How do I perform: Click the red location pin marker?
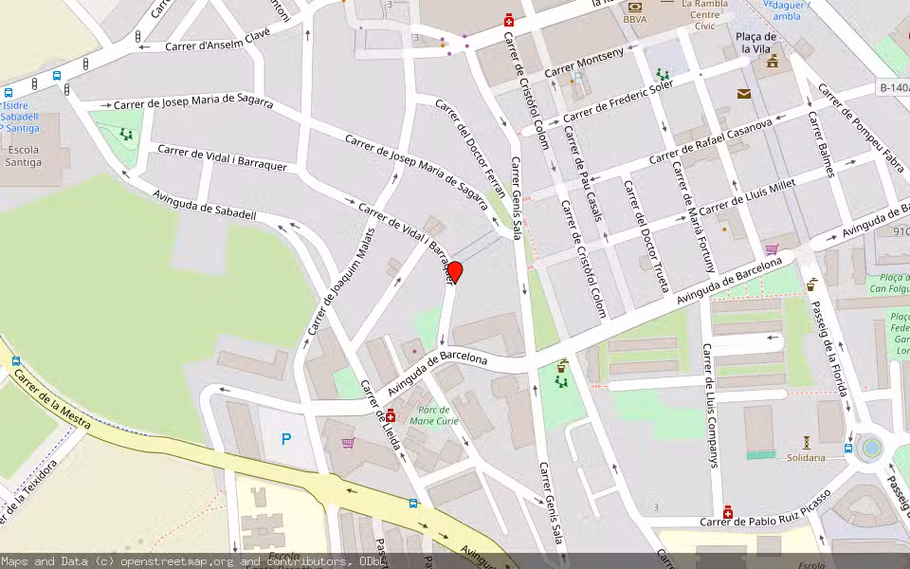[454, 272]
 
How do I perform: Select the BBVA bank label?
[635, 19]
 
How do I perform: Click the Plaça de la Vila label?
[756, 42]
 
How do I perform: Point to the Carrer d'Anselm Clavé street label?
[217, 40]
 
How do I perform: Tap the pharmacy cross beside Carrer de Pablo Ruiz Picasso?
[727, 512]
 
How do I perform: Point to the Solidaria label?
[806, 457]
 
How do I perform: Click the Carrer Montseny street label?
[585, 64]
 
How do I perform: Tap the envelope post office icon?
[743, 93]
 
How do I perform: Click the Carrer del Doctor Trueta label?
[646, 235]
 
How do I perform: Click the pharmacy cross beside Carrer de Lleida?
[391, 415]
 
